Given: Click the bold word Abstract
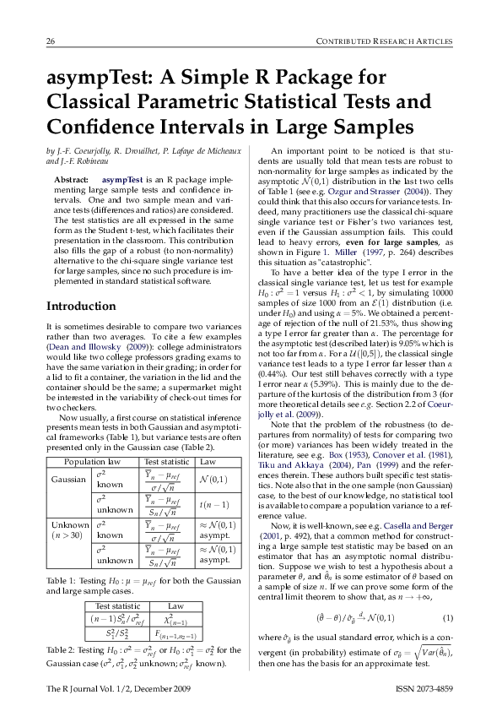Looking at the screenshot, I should (x=71, y=180).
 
